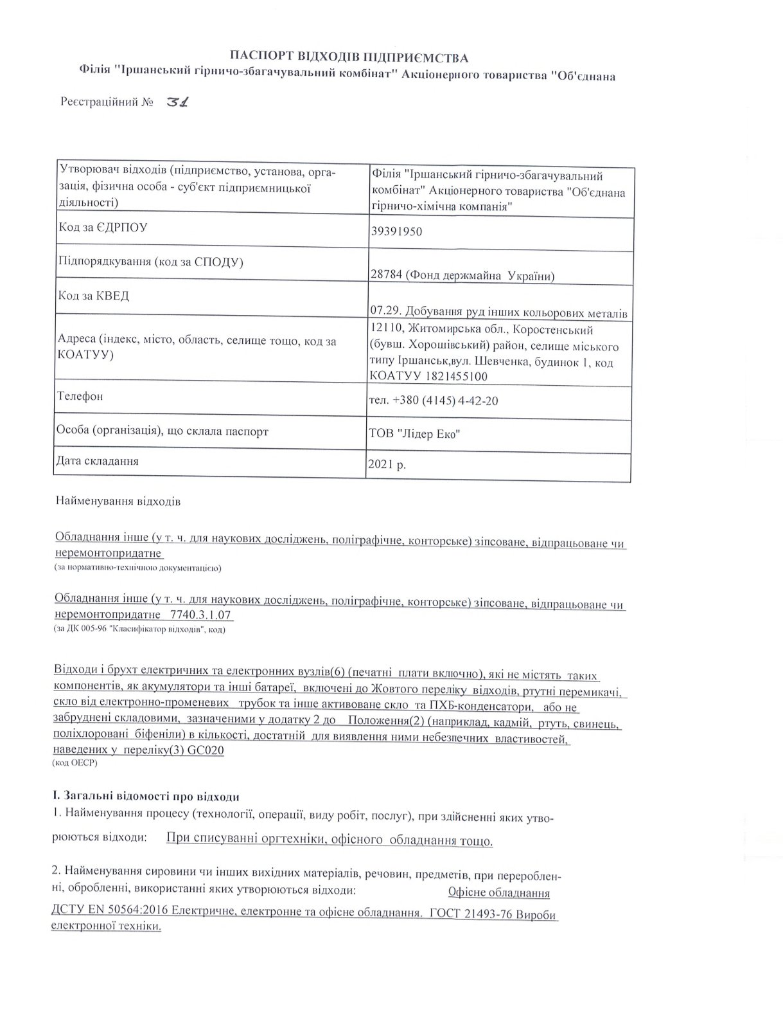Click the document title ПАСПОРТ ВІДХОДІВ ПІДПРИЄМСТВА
[349, 59]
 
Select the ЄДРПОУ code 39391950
[396, 231]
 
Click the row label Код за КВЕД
[94, 296]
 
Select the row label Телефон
[80, 396]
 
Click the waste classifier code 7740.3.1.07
[200, 616]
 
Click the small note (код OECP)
[74, 763]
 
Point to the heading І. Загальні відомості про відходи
[145, 797]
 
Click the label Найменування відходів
[118, 501]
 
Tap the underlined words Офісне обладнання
[498, 893]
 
